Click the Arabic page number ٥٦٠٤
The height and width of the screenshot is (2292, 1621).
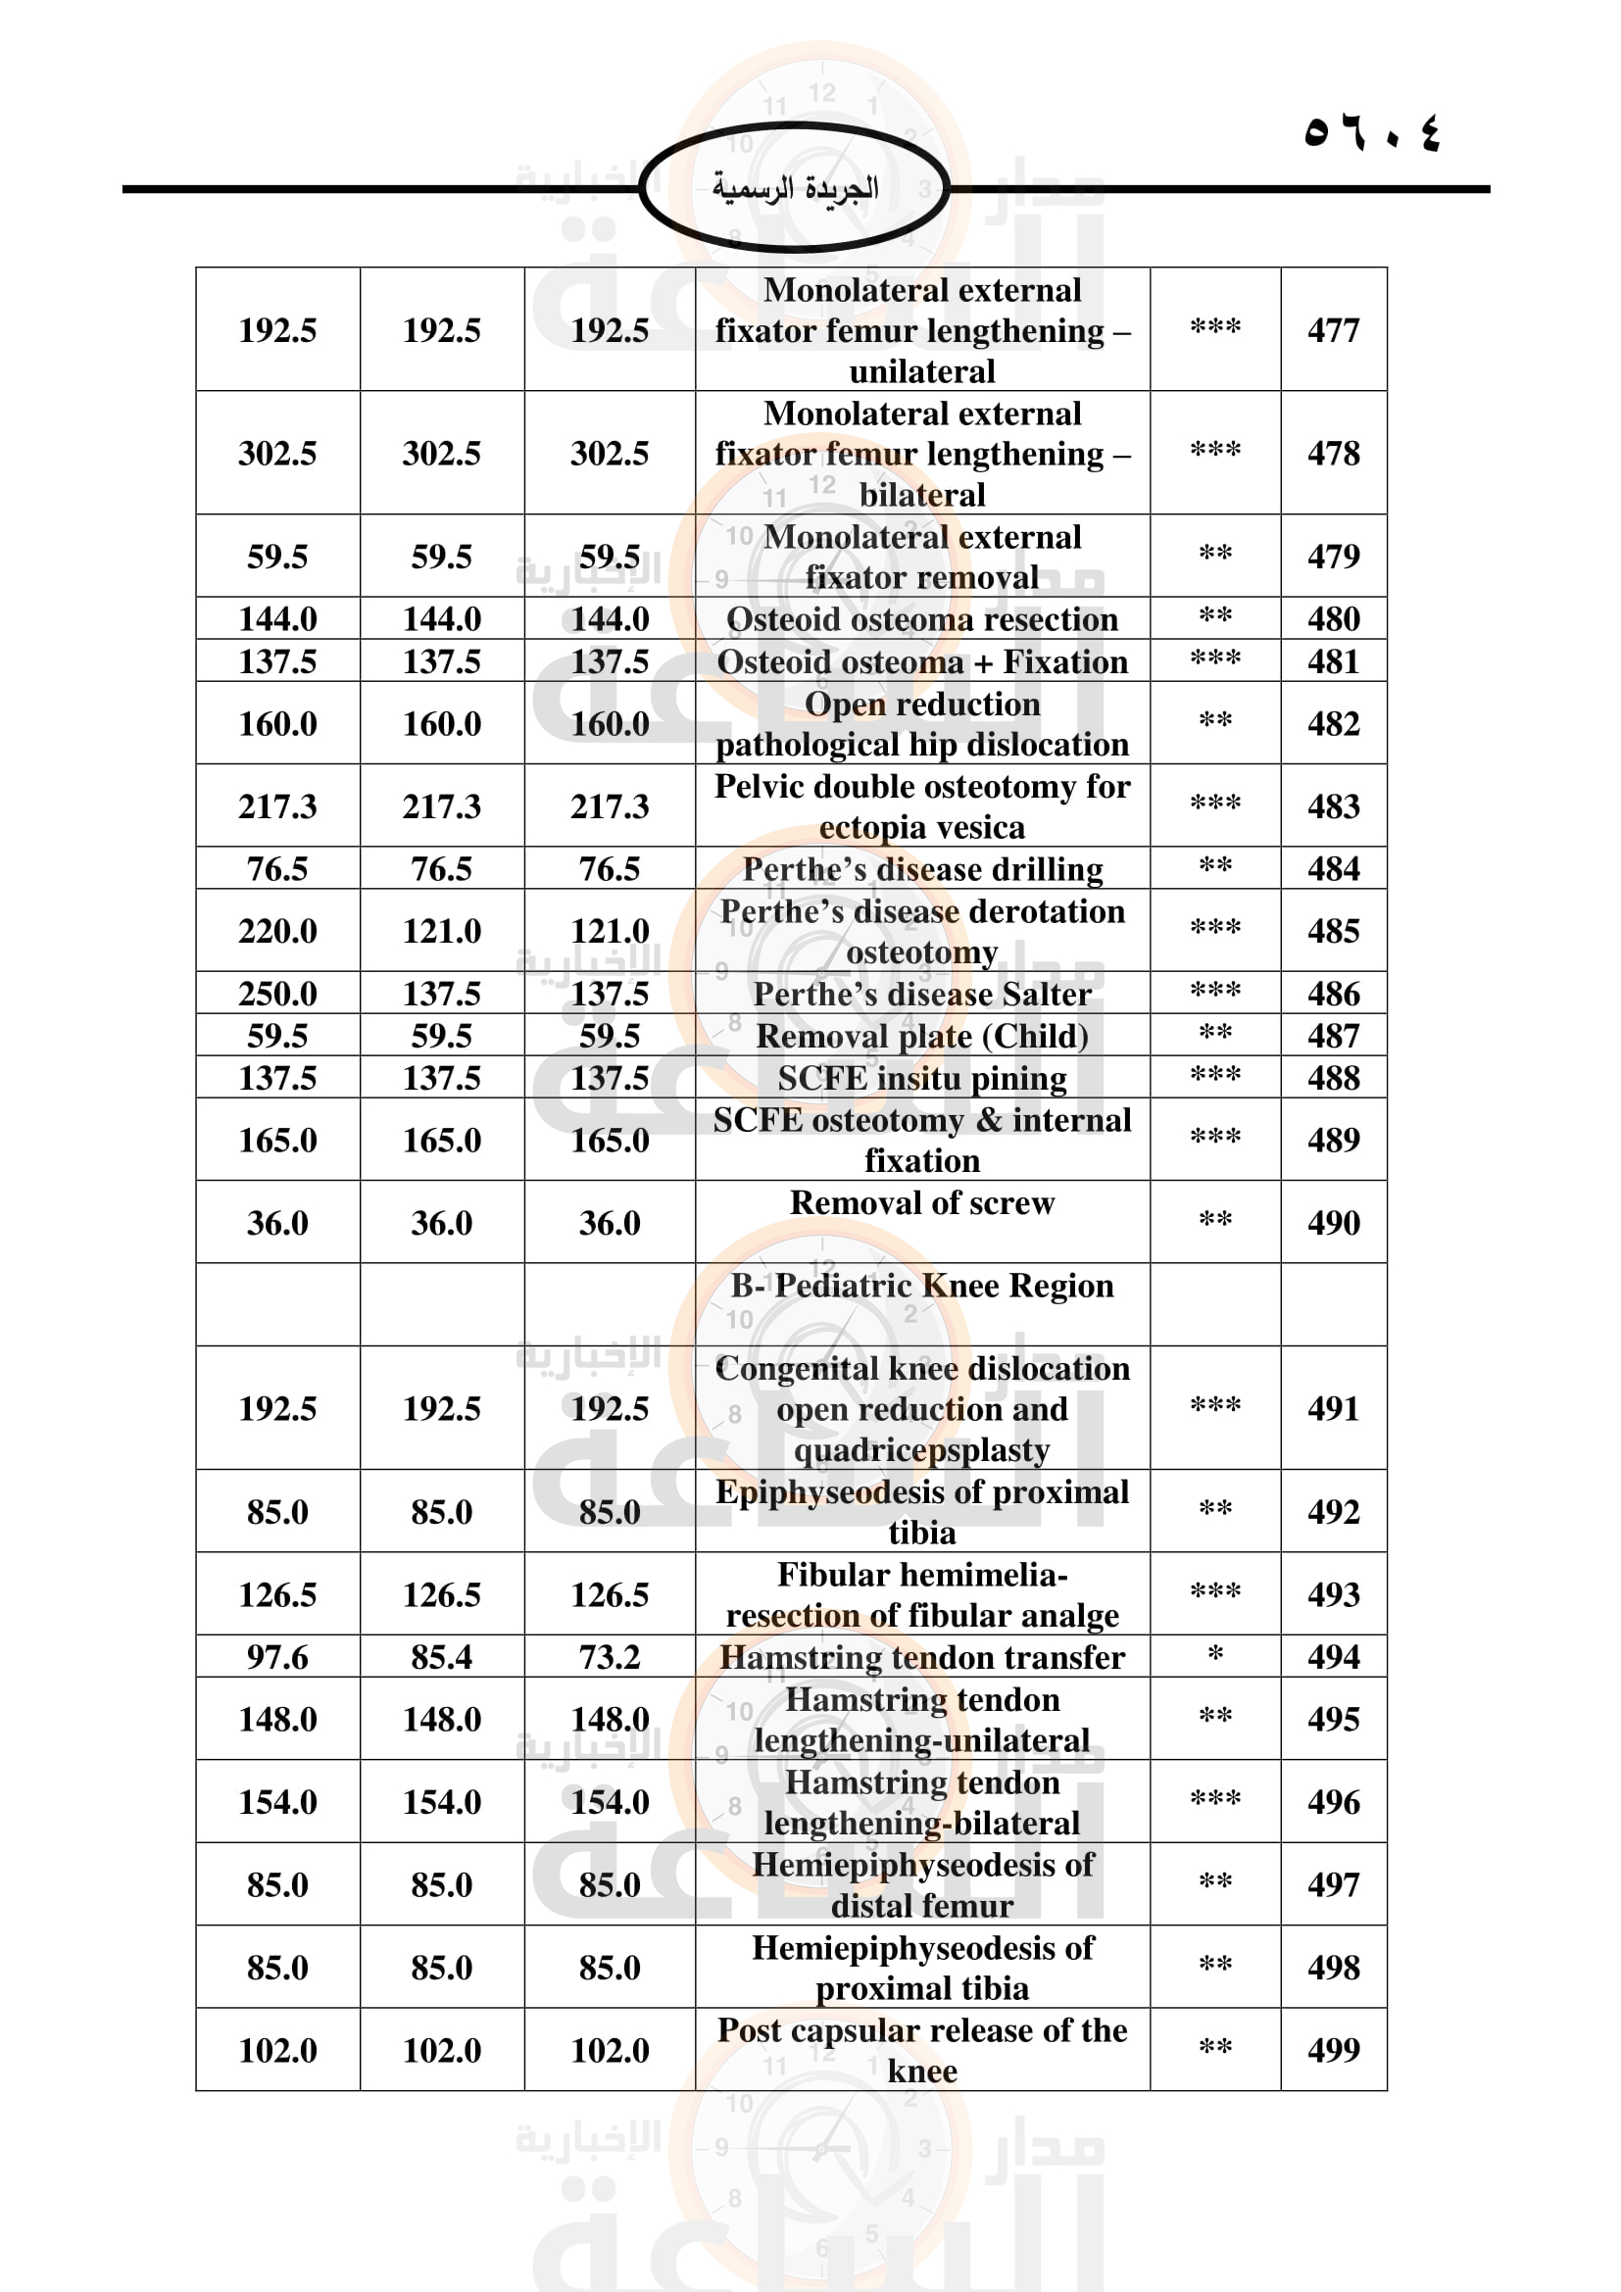click(x=1372, y=132)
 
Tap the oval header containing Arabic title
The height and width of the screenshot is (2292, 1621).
click(x=795, y=188)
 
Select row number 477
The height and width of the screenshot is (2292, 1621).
click(x=1333, y=330)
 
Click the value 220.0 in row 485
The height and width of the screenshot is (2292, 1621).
click(x=277, y=931)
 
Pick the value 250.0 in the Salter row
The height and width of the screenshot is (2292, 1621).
click(x=277, y=995)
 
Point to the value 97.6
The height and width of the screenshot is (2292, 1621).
click(x=277, y=1657)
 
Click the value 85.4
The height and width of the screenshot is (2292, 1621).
click(x=441, y=1657)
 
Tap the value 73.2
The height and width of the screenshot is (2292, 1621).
click(x=609, y=1657)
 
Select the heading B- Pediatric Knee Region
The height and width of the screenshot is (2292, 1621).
click(x=921, y=1286)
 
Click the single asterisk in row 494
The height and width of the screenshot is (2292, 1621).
click(x=1214, y=1655)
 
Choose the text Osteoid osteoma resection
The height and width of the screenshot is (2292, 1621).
click(x=921, y=620)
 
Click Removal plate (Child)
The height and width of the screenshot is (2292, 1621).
click(x=921, y=1036)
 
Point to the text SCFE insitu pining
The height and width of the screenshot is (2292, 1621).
click(x=921, y=1078)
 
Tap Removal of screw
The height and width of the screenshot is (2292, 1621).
click(x=921, y=1203)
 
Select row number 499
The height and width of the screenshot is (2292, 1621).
click(x=1333, y=2050)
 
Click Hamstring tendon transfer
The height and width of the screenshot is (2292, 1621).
click(x=921, y=1657)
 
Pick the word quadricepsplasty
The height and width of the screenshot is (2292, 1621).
click(x=921, y=1449)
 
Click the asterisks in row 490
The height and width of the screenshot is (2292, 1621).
click(x=1214, y=1220)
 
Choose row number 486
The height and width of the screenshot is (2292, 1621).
click(x=1333, y=995)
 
